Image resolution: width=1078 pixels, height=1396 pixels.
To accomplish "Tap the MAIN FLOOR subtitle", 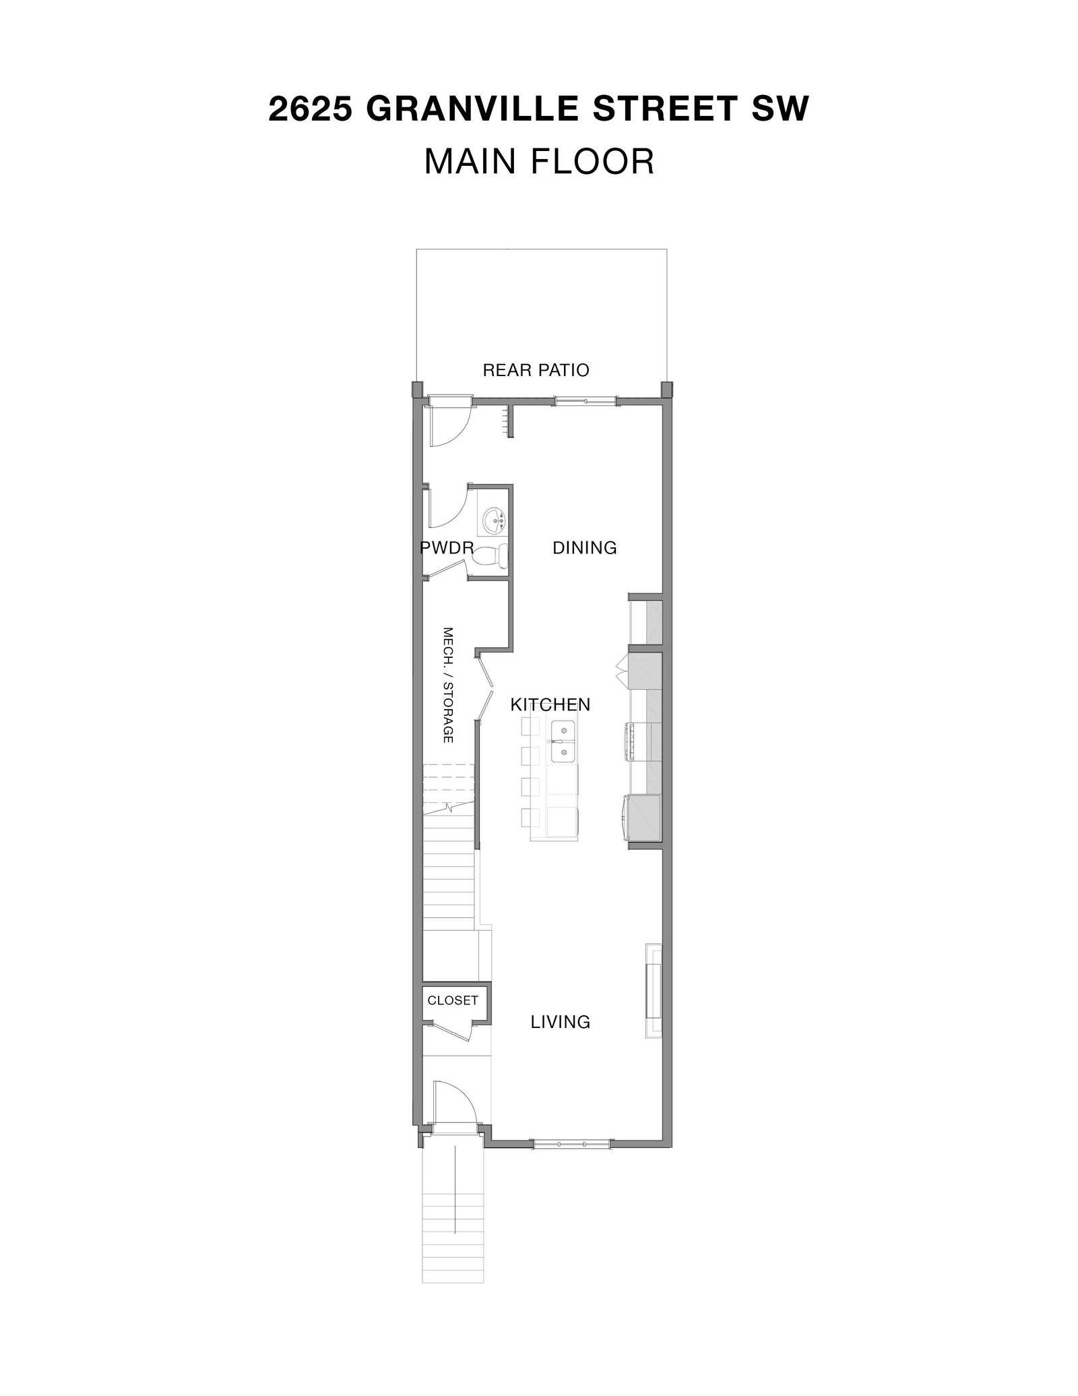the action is tap(539, 162).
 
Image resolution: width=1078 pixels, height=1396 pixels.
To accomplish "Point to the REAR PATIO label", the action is tap(536, 370).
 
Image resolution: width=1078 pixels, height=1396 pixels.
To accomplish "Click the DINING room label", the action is tap(585, 548).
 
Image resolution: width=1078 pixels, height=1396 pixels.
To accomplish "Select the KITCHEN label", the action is tap(550, 705).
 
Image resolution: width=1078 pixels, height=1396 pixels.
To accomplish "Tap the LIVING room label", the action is tap(561, 1023).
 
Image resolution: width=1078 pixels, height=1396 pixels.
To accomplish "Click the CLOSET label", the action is tap(453, 1001).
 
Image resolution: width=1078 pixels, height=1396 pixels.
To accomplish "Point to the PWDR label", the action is tap(447, 548).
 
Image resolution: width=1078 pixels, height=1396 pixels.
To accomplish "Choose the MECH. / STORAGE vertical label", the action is tap(447, 685).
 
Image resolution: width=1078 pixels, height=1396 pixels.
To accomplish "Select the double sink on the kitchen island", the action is tap(563, 741).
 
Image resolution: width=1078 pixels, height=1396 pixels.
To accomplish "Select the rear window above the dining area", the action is tap(585, 402).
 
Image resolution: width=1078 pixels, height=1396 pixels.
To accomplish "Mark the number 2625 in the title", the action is tap(311, 109).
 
